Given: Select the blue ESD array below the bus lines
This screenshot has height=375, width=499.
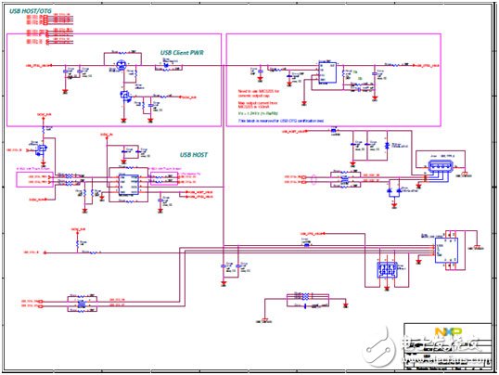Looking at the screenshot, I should click(x=385, y=271).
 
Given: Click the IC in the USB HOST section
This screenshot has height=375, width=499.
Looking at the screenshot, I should click(x=122, y=181).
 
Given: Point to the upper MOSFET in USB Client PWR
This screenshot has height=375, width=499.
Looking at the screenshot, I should click(x=119, y=65).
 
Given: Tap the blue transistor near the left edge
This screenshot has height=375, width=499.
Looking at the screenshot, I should click(x=42, y=149).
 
